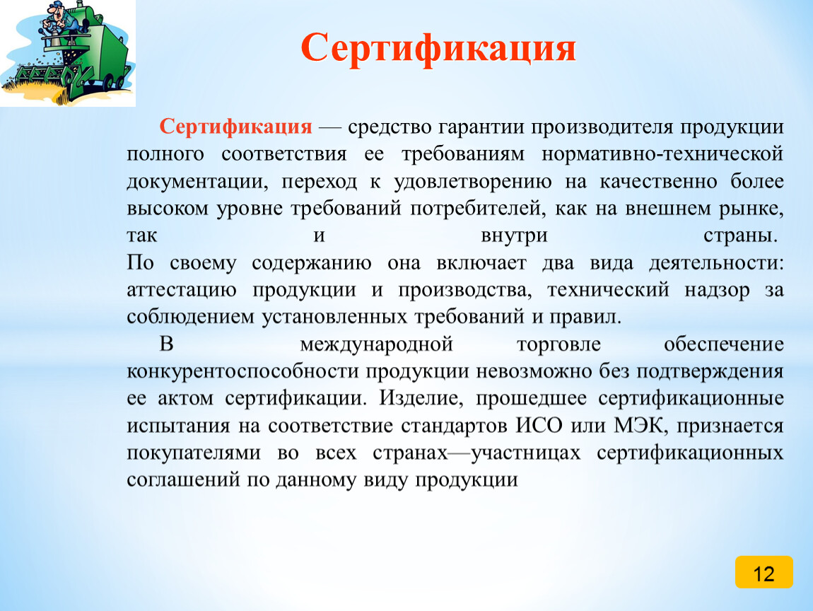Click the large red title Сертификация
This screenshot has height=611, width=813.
click(438, 48)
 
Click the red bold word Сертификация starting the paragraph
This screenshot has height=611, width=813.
click(236, 127)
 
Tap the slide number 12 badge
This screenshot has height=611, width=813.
click(764, 572)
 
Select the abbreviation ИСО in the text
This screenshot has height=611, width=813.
click(539, 425)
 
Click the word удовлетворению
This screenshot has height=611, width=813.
click(472, 182)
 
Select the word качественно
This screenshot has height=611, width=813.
click(658, 182)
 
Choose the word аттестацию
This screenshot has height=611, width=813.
click(182, 290)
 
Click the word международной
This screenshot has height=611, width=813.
click(376, 344)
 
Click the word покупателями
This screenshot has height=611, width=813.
click(194, 453)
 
